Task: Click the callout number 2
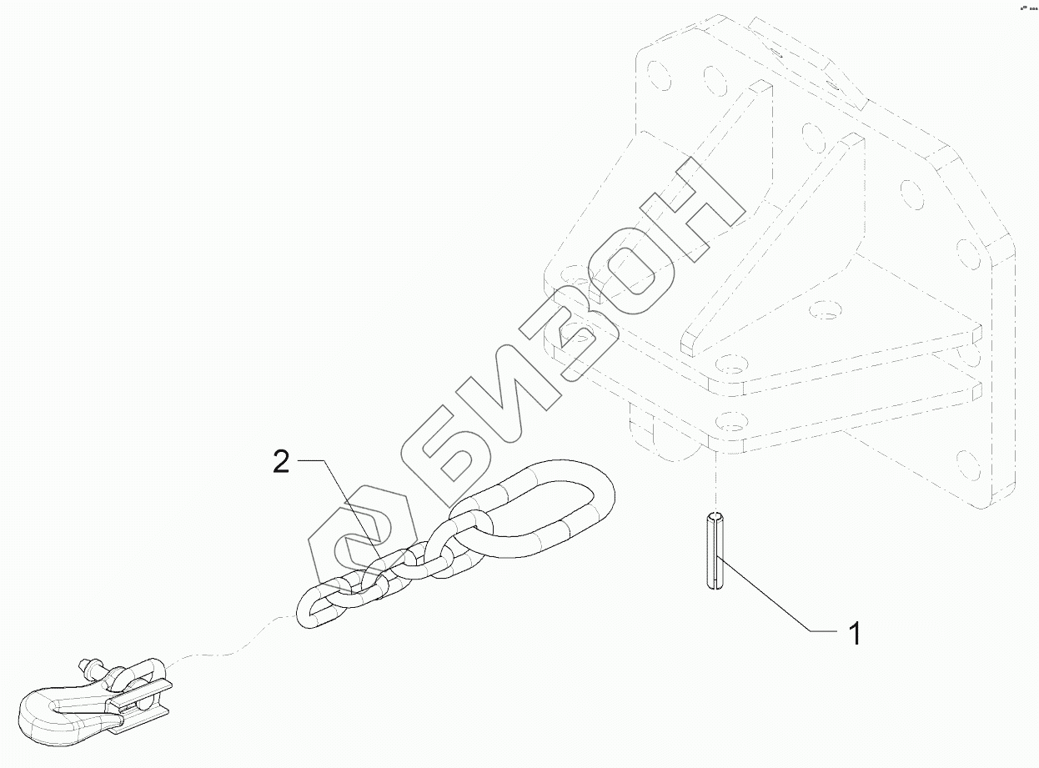(282, 461)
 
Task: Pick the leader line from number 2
(342, 509)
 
